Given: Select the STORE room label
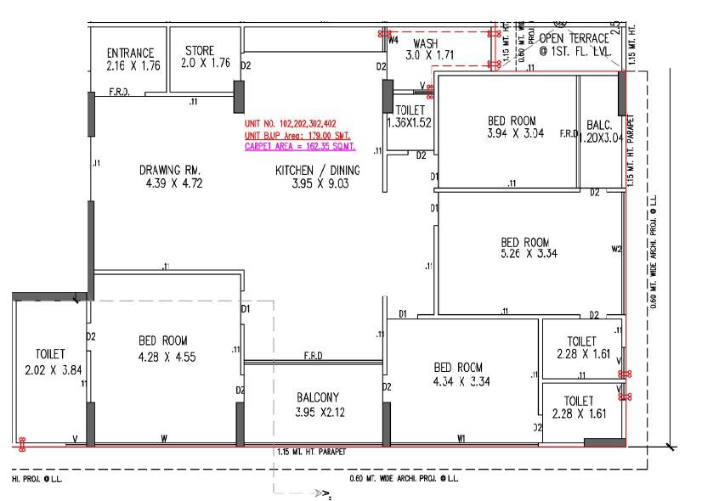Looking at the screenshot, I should click(x=200, y=51).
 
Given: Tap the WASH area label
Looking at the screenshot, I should click(x=425, y=43).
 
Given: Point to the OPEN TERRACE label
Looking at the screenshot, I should click(x=574, y=38).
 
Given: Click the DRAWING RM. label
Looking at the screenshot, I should click(x=170, y=171).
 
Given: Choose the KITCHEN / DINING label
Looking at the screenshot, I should click(x=317, y=171).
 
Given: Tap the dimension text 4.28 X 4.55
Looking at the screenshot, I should click(x=167, y=357).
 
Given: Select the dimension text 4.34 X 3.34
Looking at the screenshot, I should click(x=458, y=381).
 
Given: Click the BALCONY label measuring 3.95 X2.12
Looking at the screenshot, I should click(x=317, y=397).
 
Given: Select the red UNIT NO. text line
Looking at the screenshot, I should click(x=290, y=124).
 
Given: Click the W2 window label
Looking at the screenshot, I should click(x=616, y=250).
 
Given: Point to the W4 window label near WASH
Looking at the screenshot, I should click(x=393, y=40).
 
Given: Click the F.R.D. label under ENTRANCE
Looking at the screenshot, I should click(x=118, y=92).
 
